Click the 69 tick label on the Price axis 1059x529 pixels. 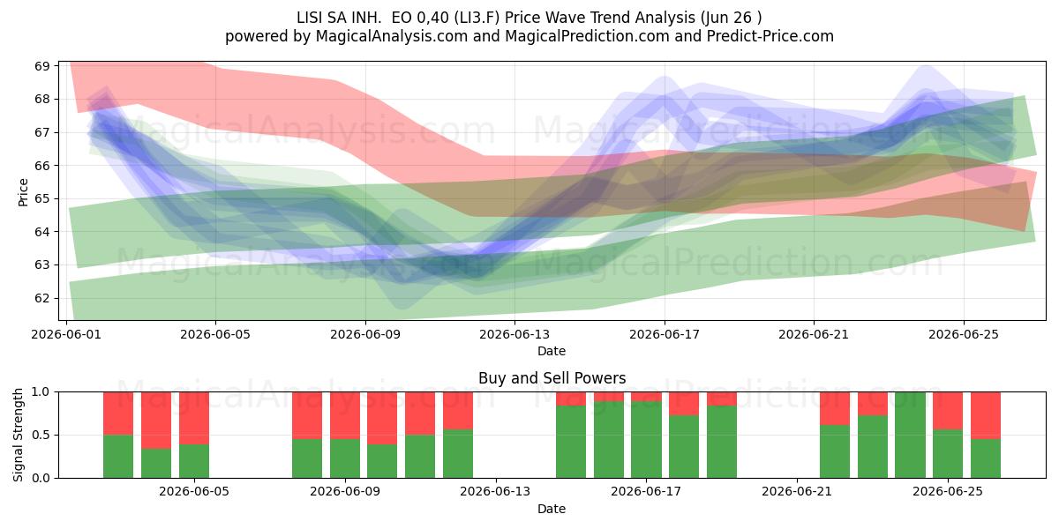42,65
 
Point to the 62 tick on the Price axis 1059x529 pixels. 42,298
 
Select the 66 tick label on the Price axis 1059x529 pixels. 42,166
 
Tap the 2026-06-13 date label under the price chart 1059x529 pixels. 514,334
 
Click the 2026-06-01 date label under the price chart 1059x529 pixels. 66,334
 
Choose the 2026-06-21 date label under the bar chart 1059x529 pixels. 797,491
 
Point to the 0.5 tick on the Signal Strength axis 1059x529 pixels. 41,435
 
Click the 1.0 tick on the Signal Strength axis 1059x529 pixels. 41,391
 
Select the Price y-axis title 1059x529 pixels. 23,192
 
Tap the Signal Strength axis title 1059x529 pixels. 18,435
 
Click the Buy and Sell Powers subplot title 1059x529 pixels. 552,378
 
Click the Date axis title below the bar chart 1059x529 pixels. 552,509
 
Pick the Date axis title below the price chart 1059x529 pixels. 552,351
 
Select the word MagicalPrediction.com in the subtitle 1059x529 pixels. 587,36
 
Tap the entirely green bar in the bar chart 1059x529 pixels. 910,435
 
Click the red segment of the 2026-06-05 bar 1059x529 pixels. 194,418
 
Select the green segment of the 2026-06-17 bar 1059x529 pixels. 646,440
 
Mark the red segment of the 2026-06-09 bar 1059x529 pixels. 345,415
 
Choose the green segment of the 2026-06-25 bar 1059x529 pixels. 948,454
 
